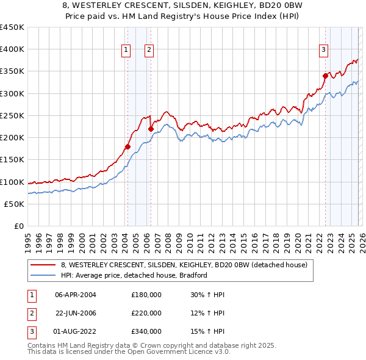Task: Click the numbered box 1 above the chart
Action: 126,51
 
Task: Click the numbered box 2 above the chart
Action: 149,51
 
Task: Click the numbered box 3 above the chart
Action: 323,51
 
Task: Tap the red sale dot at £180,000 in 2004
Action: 127,146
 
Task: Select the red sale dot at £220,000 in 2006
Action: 151,129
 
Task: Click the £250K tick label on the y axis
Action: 12,116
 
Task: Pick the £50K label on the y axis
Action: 15,204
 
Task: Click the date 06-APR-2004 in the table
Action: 76,295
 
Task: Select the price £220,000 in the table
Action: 146,313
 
